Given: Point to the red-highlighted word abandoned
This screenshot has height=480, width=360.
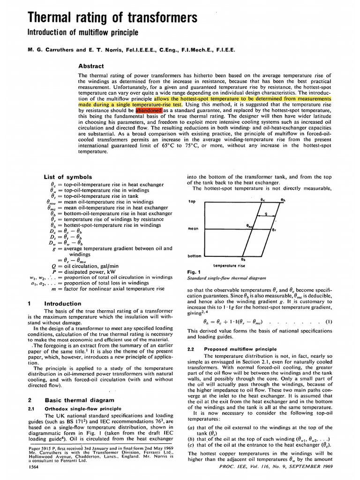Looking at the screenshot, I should click(148, 110).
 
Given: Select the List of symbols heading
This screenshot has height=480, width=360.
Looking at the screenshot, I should click(67, 177).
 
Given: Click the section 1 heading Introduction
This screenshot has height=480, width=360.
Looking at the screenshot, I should click(62, 304).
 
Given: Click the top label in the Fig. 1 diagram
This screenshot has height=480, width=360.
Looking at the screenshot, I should click(192, 202).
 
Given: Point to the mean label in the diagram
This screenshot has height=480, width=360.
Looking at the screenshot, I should click(193, 229).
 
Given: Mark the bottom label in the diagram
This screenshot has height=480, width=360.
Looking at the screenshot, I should click(194, 256).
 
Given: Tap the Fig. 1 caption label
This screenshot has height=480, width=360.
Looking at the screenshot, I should click(193, 271).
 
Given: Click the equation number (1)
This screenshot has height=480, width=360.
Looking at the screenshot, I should click(329, 322).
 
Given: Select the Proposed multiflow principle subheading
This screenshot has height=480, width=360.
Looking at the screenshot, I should click(232, 349).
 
